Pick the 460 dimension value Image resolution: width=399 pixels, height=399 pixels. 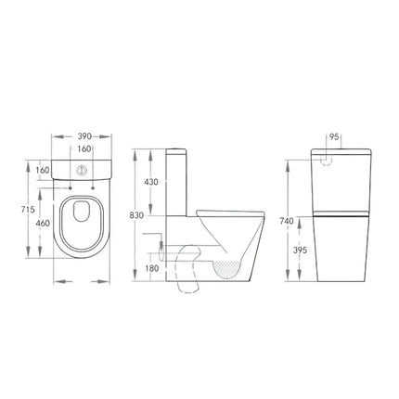pyautogui.click(x=44, y=224)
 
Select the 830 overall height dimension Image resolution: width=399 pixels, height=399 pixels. pyautogui.click(x=138, y=214)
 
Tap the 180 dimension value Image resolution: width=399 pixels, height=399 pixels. pyautogui.click(x=152, y=269)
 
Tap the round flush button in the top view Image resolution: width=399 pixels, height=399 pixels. pyautogui.click(x=84, y=170)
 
